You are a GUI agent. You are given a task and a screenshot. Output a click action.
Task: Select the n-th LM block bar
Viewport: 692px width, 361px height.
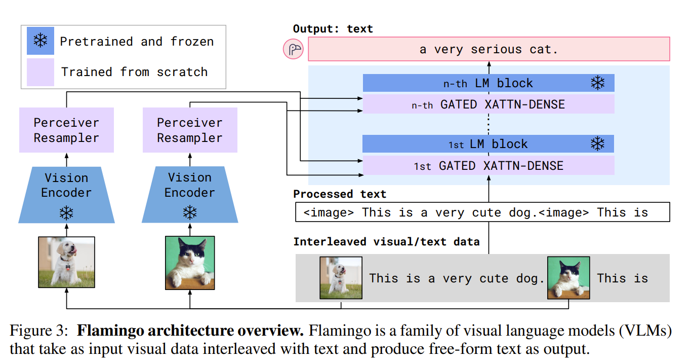(488, 83)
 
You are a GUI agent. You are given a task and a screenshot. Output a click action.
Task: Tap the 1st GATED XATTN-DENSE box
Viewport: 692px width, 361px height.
(488, 166)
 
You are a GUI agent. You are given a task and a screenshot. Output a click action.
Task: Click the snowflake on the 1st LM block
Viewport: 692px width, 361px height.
(598, 144)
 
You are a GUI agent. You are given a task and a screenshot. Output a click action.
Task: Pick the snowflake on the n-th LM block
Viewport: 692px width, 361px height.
(598, 83)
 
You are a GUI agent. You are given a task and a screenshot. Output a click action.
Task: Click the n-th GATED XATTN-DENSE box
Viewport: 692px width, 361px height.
(488, 104)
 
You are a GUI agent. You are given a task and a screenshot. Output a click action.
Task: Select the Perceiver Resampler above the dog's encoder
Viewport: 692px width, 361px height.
(66, 130)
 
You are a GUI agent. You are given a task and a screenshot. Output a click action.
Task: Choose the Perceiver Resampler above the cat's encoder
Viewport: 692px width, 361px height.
(190, 130)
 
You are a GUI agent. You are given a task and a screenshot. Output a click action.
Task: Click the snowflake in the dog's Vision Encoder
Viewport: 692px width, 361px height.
(66, 212)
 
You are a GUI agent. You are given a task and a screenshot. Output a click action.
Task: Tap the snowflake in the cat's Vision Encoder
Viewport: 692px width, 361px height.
(190, 212)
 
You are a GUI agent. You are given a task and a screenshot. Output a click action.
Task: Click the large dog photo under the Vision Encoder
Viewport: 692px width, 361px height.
(66, 263)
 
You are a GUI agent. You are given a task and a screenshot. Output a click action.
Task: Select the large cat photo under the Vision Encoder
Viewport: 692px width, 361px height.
(190, 263)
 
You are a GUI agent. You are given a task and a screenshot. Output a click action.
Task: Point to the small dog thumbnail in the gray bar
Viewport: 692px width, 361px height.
(341, 278)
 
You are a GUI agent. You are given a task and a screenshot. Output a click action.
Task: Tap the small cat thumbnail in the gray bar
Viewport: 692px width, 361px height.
(568, 278)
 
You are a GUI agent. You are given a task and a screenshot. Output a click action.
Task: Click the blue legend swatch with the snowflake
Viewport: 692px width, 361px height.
(40, 41)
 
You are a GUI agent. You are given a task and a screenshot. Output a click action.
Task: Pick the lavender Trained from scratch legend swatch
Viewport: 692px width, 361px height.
(40, 71)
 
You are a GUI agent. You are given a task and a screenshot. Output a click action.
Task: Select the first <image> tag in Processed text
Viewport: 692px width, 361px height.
(329, 212)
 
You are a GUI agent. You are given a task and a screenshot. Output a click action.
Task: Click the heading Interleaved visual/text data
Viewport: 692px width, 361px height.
(386, 242)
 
